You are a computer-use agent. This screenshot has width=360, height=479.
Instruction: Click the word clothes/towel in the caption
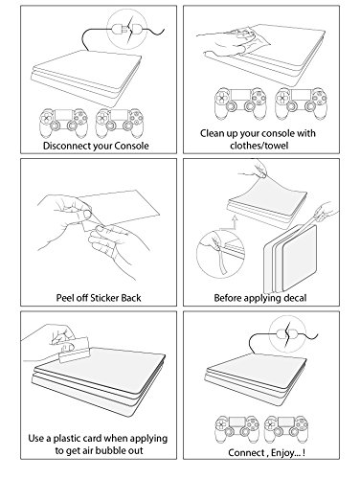tap(259, 146)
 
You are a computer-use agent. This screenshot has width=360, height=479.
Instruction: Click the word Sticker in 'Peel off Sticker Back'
tap(105, 298)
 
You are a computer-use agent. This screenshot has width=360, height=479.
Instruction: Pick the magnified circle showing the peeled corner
tap(220, 253)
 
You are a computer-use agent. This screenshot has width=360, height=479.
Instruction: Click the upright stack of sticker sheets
tap(290, 258)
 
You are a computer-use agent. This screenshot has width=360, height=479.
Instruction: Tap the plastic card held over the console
tap(74, 350)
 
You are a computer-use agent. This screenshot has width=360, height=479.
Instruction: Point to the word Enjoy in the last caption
tap(282, 453)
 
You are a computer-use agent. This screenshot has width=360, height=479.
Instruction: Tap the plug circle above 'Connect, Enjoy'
tap(287, 334)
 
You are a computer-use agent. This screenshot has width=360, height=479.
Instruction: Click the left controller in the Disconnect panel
tap(63, 123)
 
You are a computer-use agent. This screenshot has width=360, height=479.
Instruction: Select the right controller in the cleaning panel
tap(301, 103)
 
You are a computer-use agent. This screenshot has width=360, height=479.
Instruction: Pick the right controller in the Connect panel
tap(286, 429)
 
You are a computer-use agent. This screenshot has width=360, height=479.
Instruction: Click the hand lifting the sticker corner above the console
tap(254, 171)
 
